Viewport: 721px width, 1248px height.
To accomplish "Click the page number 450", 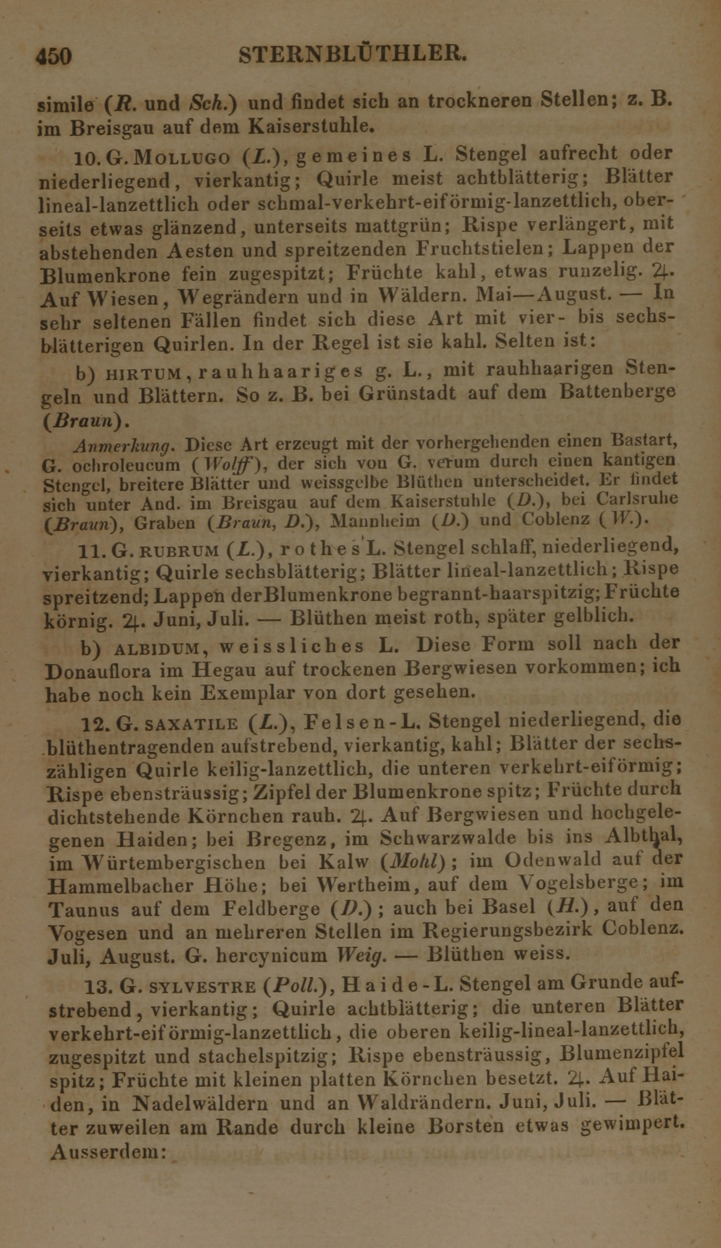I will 54,56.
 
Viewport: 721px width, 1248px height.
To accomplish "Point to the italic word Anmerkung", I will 124,445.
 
